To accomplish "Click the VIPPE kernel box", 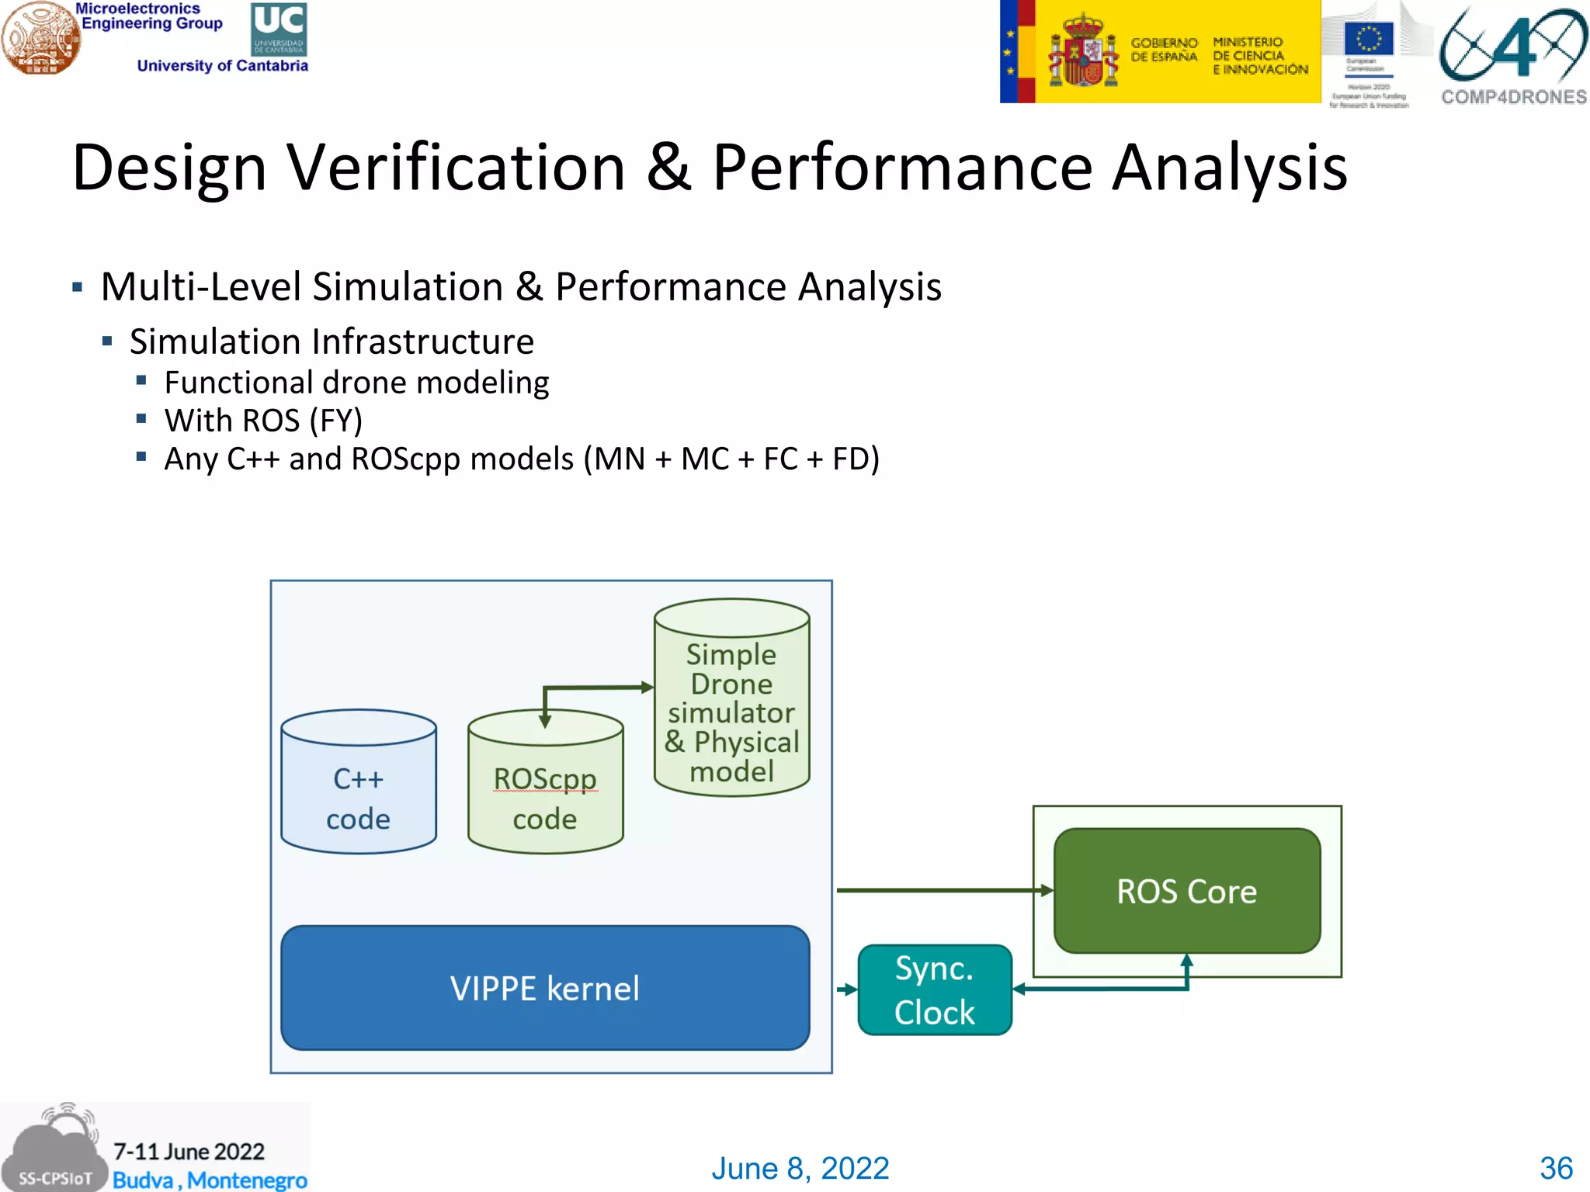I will [545, 987].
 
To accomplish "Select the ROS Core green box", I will [1186, 891].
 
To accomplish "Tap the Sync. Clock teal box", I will [934, 990].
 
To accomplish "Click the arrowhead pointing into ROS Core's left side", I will [1047, 890].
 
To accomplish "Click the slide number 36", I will [1556, 1168].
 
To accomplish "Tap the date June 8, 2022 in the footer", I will [800, 1168].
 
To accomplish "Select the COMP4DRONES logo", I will [1512, 54].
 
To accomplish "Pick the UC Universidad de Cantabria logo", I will [279, 29].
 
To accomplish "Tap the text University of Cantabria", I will [222, 66].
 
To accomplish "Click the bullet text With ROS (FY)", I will [263, 421].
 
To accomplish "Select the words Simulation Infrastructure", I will [332, 341].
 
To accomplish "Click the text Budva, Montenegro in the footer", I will [210, 1180].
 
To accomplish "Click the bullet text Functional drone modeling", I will [356, 383].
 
